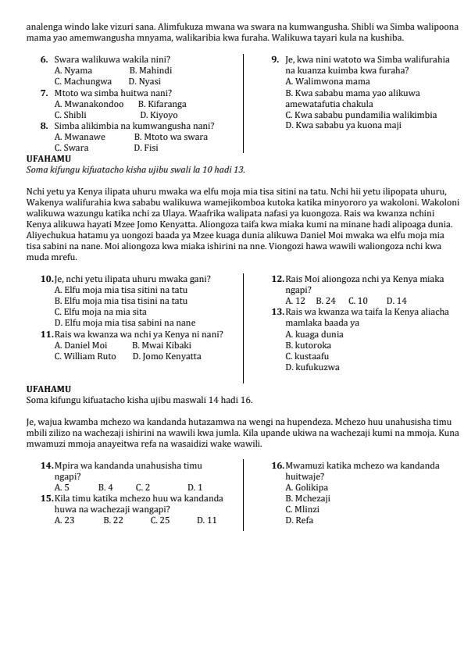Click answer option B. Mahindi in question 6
pos(151,70)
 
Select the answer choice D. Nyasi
pos(145,81)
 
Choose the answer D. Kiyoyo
pos(159,114)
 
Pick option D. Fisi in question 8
pos(146,147)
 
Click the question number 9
pos(276,59)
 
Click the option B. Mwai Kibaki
pos(162,345)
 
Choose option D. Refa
pos(299,520)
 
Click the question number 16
pos(277,465)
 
